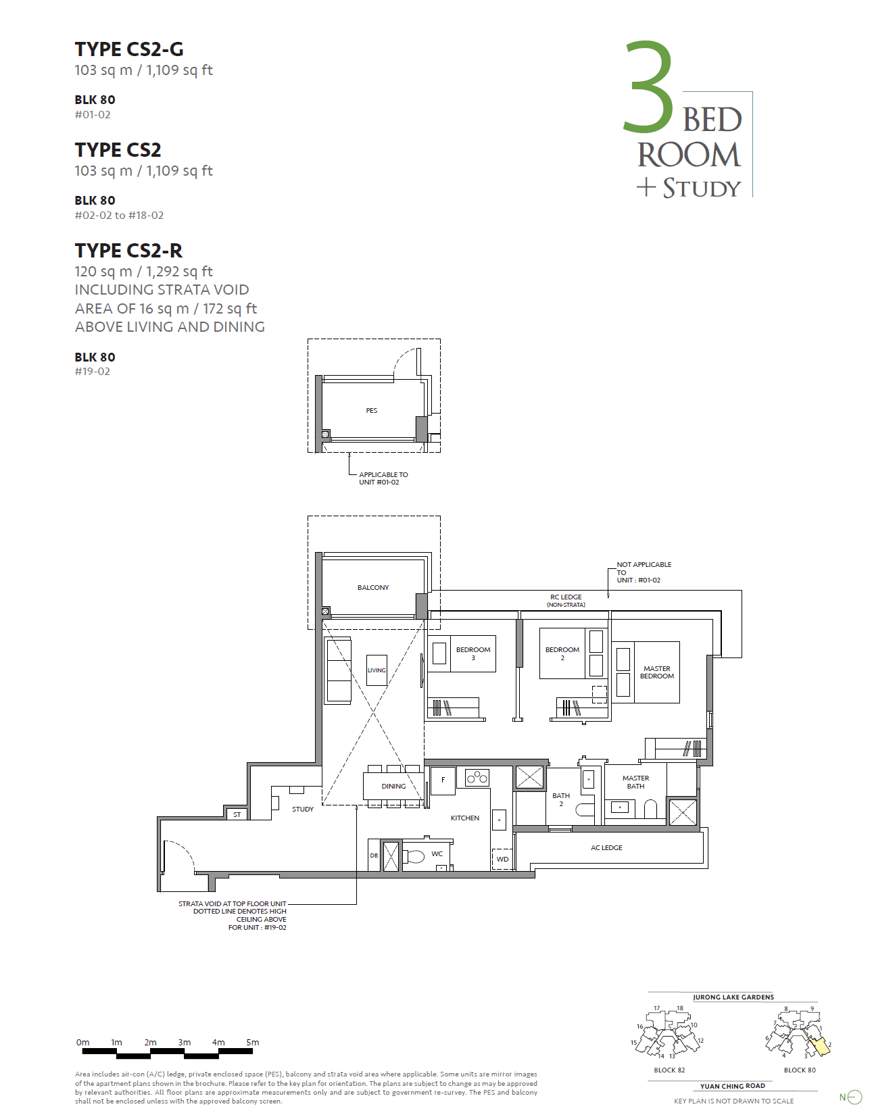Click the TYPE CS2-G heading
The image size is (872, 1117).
(x=128, y=49)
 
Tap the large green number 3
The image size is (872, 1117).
(x=648, y=87)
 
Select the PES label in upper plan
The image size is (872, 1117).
(x=371, y=410)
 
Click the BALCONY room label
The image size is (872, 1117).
(x=373, y=587)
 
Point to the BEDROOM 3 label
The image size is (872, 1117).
(x=473, y=653)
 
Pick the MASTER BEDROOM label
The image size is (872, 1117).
(x=656, y=672)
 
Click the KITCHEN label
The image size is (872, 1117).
(x=464, y=818)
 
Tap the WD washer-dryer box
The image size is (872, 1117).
(x=502, y=859)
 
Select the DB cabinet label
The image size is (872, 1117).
(x=374, y=855)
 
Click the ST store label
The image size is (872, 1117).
(x=237, y=814)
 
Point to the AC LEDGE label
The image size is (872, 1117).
(x=606, y=847)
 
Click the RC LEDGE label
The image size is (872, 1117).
(x=566, y=597)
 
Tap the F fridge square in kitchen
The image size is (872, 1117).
(x=443, y=779)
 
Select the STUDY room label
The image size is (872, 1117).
(x=302, y=809)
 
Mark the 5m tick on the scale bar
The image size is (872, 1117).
(x=252, y=1043)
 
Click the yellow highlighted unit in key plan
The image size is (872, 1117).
(x=819, y=1046)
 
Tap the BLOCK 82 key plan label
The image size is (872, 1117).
(x=669, y=1070)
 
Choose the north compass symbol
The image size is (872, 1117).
(x=854, y=1097)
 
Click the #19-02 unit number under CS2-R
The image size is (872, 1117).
(x=92, y=372)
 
